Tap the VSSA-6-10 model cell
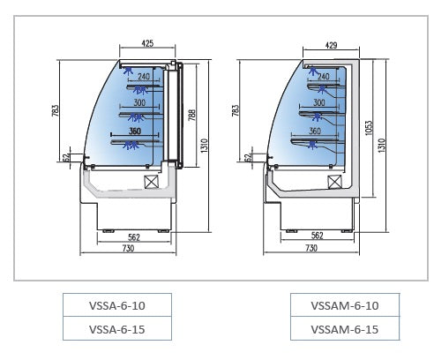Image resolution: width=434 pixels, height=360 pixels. pyautogui.click(x=116, y=305)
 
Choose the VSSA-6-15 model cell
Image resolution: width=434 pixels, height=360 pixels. pyautogui.click(x=116, y=328)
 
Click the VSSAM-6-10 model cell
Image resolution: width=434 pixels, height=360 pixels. pyautogui.click(x=345, y=305)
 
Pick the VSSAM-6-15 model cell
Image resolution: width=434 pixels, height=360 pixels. pyautogui.click(x=345, y=328)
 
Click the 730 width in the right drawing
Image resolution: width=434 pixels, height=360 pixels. pyautogui.click(x=311, y=249)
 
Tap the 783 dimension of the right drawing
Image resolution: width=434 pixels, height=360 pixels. pyautogui.click(x=237, y=111)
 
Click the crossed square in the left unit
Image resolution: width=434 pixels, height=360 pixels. pyautogui.click(x=151, y=181)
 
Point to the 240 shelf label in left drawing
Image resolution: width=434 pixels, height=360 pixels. pyautogui.click(x=144, y=77)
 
